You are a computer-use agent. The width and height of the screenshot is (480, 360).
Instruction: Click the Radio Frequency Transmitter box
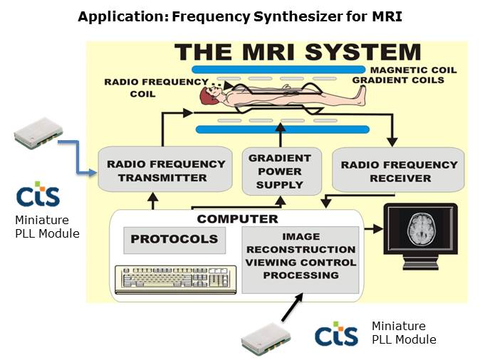(x=166, y=171)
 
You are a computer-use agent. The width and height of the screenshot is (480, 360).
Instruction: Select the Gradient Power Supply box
(x=278, y=171)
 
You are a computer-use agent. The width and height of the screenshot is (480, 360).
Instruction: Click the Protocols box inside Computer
(x=174, y=240)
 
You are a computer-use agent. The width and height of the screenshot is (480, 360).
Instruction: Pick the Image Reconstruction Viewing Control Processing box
(x=299, y=260)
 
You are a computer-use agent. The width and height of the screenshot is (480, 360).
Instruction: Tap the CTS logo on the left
(x=37, y=194)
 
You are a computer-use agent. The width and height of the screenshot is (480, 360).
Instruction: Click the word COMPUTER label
(x=237, y=218)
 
